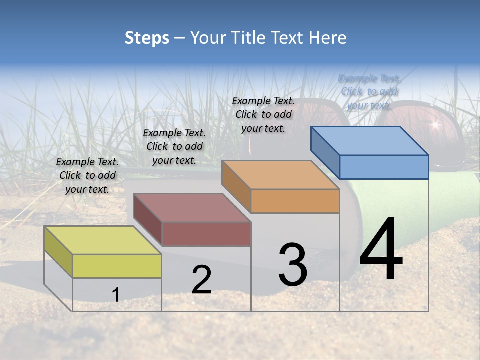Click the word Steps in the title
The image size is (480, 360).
pos(147,38)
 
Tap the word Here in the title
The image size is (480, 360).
pos(327,38)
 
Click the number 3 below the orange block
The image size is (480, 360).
pos(293,265)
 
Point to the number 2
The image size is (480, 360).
pos(202,280)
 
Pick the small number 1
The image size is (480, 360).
pos(116,295)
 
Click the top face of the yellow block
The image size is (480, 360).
pos(102,240)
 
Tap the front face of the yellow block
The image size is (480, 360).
pos(117,266)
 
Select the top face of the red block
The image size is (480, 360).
pos(192,207)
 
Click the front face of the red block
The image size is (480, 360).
pos(206,234)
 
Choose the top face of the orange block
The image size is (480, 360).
pos(280,175)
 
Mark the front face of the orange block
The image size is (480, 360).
pos(295,201)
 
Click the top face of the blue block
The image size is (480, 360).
pos(369,140)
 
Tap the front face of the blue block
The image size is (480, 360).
pos(384,167)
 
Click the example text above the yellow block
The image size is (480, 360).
pos(87,175)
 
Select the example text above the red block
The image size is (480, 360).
pos(174,146)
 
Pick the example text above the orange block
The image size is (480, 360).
pos(263,114)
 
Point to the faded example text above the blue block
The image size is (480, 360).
pos(369,91)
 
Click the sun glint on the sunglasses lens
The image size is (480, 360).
pos(435,123)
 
